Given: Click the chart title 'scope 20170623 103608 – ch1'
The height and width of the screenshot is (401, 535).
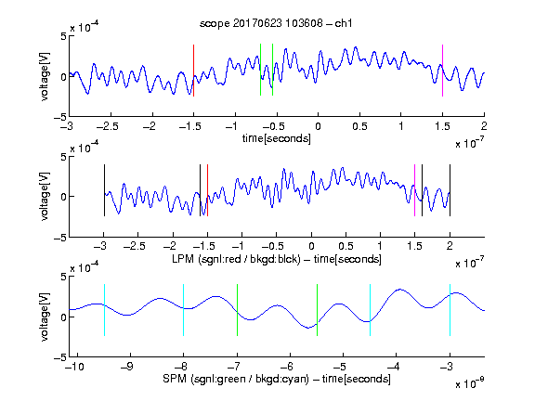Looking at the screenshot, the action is pyautogui.click(x=276, y=23).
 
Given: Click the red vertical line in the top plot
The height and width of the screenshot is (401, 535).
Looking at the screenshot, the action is pyautogui.click(x=193, y=71).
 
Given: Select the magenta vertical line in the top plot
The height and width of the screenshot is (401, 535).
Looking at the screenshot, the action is pyautogui.click(x=442, y=71).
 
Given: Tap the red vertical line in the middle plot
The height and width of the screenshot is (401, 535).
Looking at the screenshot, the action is pyautogui.click(x=207, y=190).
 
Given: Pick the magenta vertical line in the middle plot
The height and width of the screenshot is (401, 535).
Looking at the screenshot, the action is pyautogui.click(x=414, y=190).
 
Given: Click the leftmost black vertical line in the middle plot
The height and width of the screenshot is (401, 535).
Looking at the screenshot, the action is pyautogui.click(x=104, y=190).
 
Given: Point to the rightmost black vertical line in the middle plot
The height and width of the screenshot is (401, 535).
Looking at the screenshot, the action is pyautogui.click(x=450, y=190).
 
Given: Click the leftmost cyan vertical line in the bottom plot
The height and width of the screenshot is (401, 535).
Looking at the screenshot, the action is pyautogui.click(x=104, y=310).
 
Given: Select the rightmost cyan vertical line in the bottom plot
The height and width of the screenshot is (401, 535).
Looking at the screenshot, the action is pyautogui.click(x=450, y=310).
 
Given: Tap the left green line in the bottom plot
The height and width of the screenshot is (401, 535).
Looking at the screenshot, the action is pyautogui.click(x=237, y=310).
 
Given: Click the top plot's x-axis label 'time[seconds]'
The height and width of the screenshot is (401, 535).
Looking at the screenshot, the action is pyautogui.click(x=277, y=138).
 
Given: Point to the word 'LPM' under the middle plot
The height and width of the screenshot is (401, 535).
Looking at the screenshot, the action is pyautogui.click(x=183, y=259).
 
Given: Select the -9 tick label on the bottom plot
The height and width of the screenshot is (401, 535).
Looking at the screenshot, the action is pyautogui.click(x=126, y=367).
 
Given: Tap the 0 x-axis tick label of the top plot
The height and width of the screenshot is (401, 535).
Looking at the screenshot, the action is pyautogui.click(x=318, y=126).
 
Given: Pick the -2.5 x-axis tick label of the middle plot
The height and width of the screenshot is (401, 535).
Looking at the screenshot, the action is pyautogui.click(x=135, y=246).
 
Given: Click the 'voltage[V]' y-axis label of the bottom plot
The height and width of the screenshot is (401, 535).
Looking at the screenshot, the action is pyautogui.click(x=45, y=317).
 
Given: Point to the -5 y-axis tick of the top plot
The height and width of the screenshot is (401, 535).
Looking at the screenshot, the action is pyautogui.click(x=60, y=118).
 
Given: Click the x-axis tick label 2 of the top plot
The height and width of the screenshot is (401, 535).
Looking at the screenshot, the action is pyautogui.click(x=484, y=126).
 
